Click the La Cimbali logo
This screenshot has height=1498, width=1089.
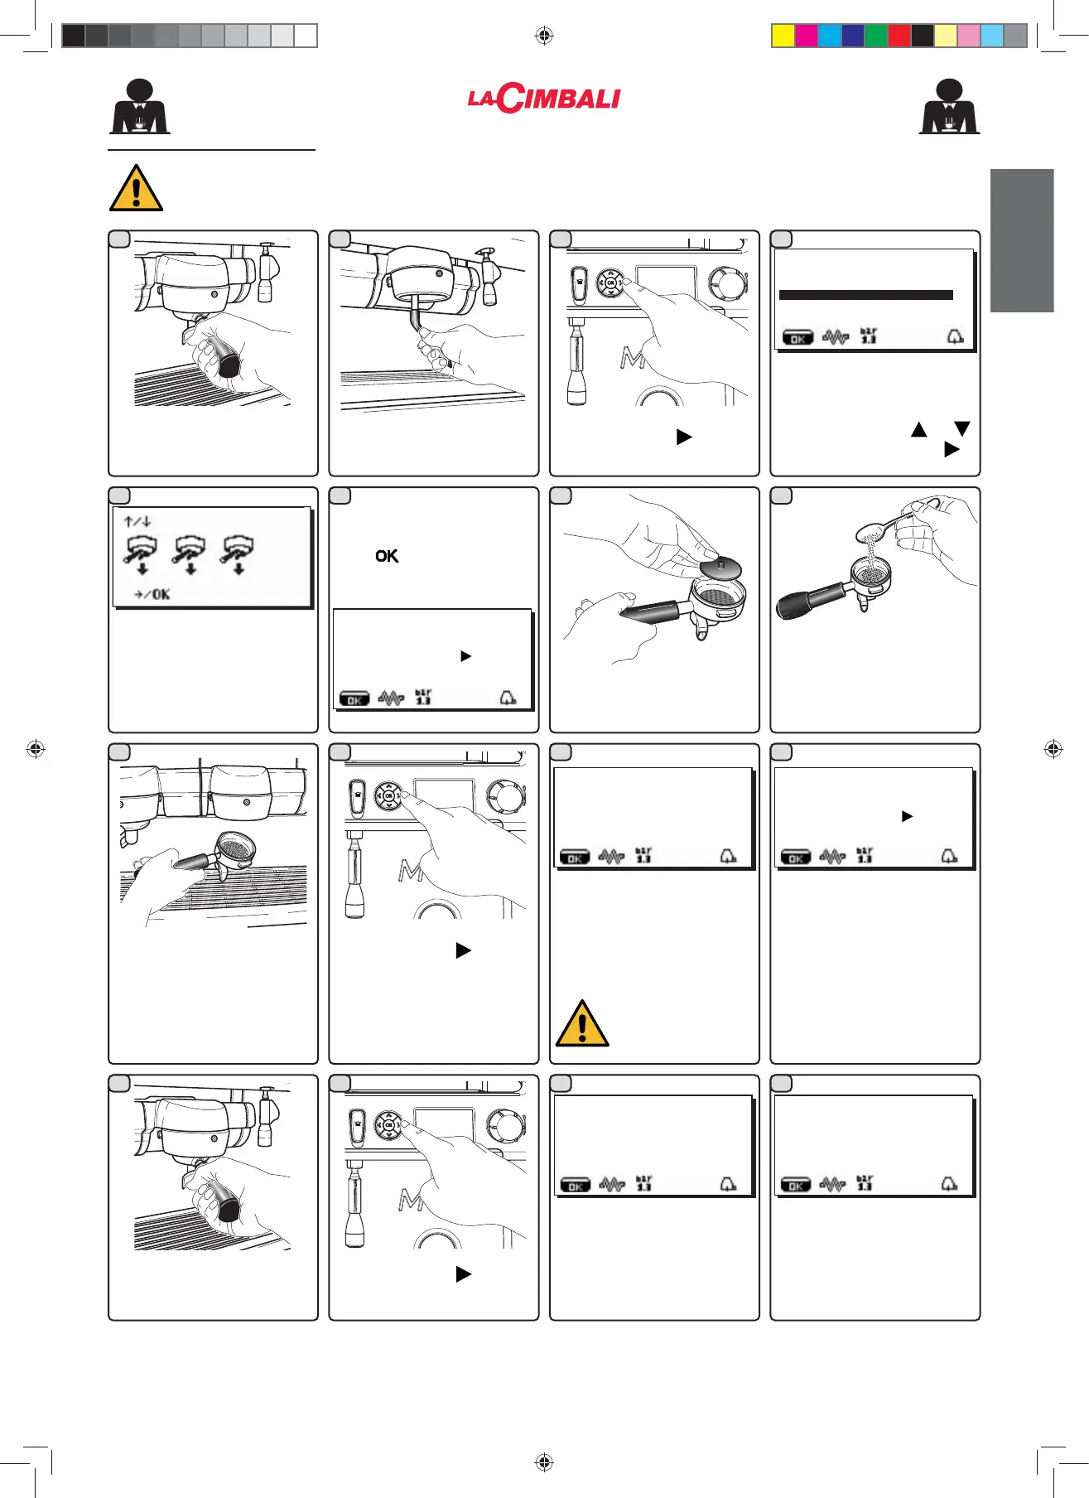point(544,99)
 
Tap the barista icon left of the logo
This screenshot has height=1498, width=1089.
point(140,107)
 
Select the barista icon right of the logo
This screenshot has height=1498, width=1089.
point(949,107)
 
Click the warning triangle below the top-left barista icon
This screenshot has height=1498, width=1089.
point(136,188)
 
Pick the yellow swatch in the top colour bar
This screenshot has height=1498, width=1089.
point(783,36)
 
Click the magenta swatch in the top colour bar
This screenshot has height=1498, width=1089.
point(806,36)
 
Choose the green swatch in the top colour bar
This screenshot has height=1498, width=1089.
point(876,36)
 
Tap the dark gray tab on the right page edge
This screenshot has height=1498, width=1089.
point(1022,240)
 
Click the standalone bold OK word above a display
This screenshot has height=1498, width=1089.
point(387,556)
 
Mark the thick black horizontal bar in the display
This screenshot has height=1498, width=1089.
point(865,295)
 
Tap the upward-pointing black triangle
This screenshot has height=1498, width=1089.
point(918,429)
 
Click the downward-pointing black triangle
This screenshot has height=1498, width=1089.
point(961,428)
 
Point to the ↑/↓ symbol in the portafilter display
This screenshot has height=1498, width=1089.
point(137,522)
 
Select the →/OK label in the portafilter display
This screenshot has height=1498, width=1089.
point(152,594)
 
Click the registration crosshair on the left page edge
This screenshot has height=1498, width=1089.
point(35,749)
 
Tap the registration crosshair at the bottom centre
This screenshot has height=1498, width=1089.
point(544,1462)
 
